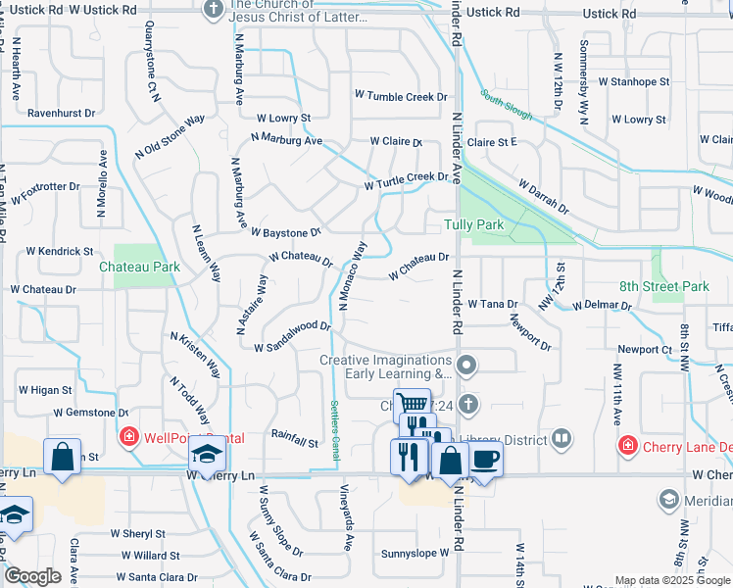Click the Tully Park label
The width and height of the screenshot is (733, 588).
tap(473, 224)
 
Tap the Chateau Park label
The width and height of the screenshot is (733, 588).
tap(139, 266)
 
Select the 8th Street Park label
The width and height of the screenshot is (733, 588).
tap(663, 287)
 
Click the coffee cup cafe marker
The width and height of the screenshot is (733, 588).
tap(484, 458)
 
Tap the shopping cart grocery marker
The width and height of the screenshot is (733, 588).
tap(413, 404)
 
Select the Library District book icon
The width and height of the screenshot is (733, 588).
tap(562, 438)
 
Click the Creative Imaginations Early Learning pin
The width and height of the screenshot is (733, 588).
tap(467, 367)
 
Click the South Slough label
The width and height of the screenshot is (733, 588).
tap(507, 106)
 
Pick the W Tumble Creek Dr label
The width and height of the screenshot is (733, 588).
tap(401, 96)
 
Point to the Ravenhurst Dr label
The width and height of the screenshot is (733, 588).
tap(61, 113)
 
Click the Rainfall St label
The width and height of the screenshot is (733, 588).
tap(295, 443)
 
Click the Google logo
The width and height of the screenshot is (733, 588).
tap(33, 576)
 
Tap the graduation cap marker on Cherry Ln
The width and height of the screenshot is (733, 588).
tap(207, 456)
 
